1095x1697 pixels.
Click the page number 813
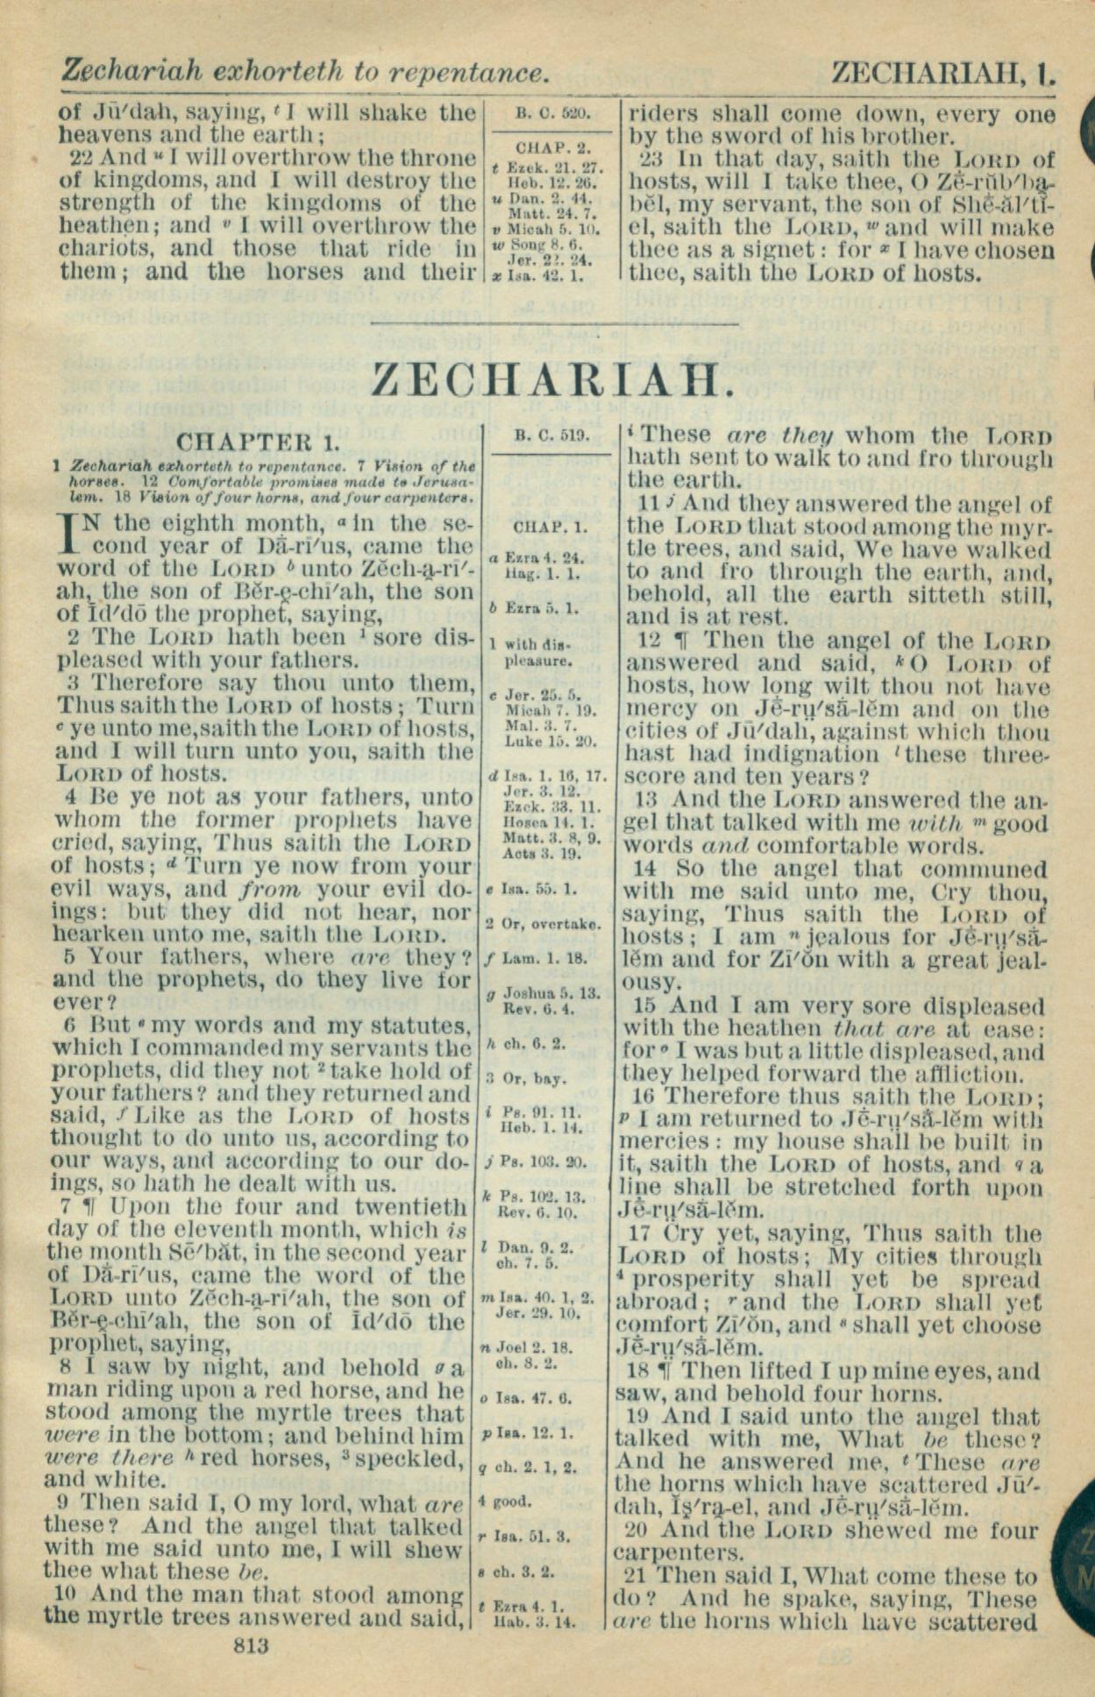click(252, 1645)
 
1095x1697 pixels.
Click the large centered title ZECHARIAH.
click(551, 380)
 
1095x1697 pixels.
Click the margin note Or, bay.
click(538, 1078)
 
